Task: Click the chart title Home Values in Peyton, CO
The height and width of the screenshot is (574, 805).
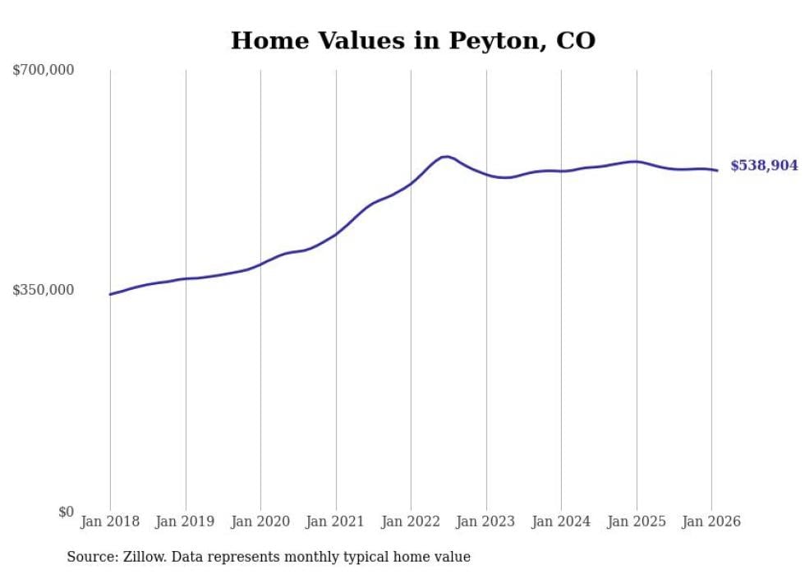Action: pos(412,40)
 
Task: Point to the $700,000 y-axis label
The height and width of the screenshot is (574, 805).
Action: pos(44,71)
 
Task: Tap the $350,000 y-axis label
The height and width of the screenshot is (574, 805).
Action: pos(44,290)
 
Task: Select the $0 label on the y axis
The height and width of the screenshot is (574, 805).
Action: pos(66,512)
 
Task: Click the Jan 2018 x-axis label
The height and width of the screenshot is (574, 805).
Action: pos(110,521)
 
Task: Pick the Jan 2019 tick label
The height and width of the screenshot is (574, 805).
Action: pos(186,521)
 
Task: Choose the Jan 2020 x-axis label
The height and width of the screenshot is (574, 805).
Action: pos(260,521)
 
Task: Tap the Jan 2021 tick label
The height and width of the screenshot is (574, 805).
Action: pos(336,521)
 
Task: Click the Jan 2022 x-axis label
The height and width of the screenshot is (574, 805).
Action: pos(411,521)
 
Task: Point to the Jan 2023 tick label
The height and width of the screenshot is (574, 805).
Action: pos(486,521)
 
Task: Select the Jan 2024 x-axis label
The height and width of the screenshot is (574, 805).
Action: pos(561,521)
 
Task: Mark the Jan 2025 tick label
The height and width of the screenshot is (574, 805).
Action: pos(637,521)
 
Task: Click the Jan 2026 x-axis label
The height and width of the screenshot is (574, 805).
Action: pos(711,521)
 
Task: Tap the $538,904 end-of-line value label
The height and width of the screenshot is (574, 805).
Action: pos(764,166)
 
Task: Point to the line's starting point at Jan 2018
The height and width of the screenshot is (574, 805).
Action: pos(111,294)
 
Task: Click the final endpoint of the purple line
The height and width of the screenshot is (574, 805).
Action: pos(717,170)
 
